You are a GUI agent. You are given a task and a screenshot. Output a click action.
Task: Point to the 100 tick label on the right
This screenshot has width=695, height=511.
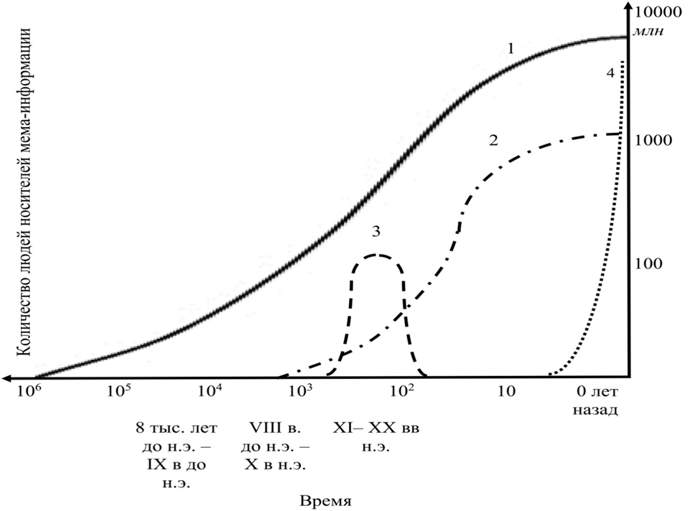(x=649, y=263)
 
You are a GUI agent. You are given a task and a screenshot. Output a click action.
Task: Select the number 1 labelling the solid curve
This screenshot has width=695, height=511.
(x=510, y=49)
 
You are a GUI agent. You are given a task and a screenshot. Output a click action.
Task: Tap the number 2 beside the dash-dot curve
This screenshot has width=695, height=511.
(x=493, y=140)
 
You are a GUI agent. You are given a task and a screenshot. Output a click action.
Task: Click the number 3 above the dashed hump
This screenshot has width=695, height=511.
(x=376, y=231)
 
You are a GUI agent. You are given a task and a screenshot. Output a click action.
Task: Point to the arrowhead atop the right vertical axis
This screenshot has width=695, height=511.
(x=630, y=10)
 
